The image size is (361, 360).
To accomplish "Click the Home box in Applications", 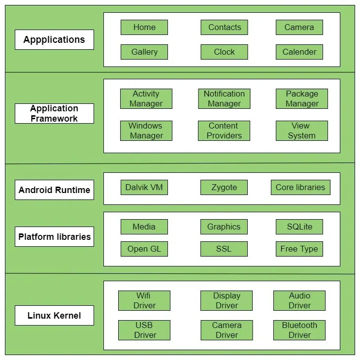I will pyautogui.click(x=144, y=28).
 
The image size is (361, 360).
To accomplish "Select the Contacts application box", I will pyautogui.click(x=224, y=28).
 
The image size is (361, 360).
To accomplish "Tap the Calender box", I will pyautogui.click(x=299, y=52).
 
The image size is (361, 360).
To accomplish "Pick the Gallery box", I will pyautogui.click(x=144, y=52).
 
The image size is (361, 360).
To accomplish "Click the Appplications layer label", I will pyautogui.click(x=54, y=40).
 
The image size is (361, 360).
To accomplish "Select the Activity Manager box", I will pyautogui.click(x=146, y=99).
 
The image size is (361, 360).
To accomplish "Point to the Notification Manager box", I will pyautogui.click(x=224, y=99).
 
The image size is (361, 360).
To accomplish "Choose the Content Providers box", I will pyautogui.click(x=224, y=131).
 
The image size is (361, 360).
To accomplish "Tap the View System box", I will pyautogui.click(x=301, y=131).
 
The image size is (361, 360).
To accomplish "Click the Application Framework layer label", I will pyautogui.click(x=54, y=113).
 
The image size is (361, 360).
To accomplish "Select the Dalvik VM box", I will pyautogui.click(x=144, y=188).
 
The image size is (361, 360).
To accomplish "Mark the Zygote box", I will pyautogui.click(x=224, y=188).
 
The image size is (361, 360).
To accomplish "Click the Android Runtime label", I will pyautogui.click(x=54, y=190).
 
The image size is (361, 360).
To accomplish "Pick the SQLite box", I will pyautogui.click(x=299, y=227).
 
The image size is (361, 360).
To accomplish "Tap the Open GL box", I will pyautogui.click(x=144, y=249).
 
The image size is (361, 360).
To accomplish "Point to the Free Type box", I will pyautogui.click(x=299, y=249).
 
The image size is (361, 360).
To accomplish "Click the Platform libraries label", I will pyautogui.click(x=54, y=237).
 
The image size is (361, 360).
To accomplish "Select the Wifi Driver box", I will pyautogui.click(x=144, y=301).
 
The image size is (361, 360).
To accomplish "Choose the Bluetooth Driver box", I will pyautogui.click(x=299, y=330).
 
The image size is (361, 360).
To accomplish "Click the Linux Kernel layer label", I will pyautogui.click(x=54, y=316).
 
